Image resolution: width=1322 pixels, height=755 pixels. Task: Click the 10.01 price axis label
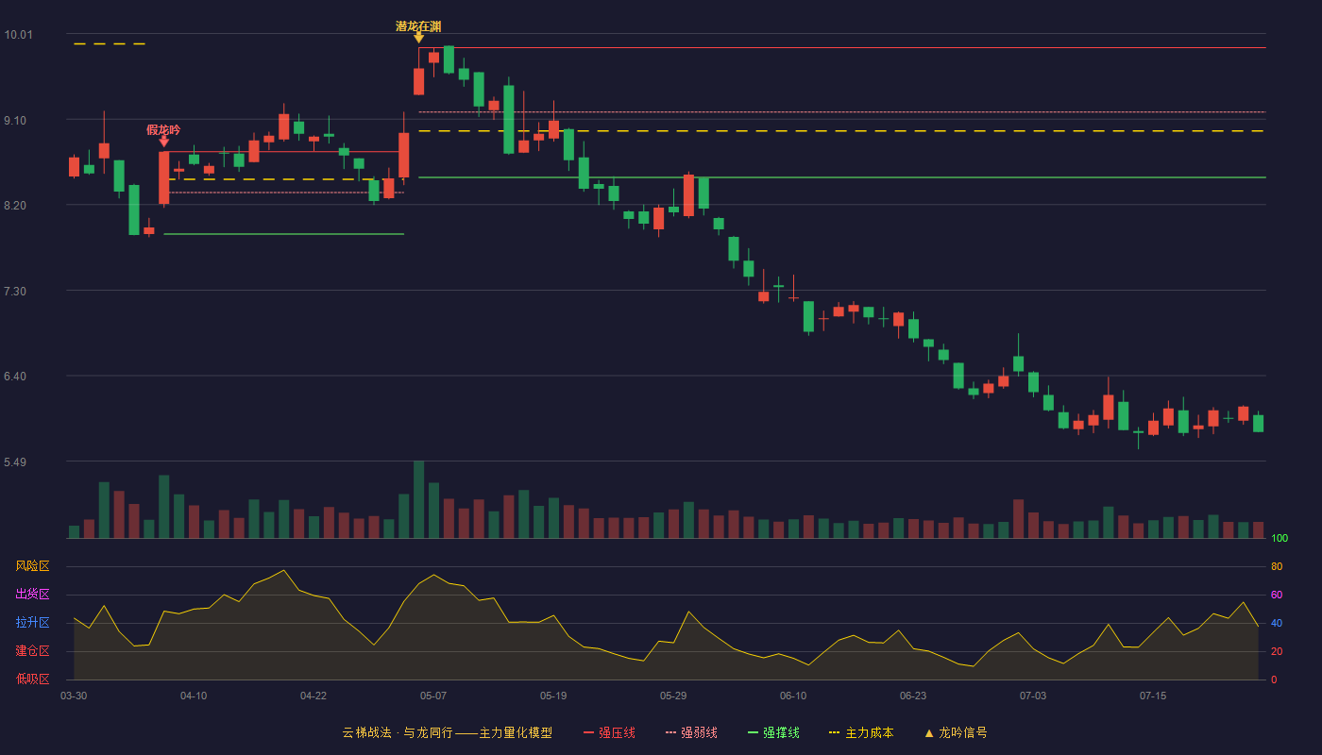tap(18, 35)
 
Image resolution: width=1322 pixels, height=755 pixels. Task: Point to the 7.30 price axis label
tap(15, 292)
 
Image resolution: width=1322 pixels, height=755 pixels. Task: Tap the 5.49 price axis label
tap(15, 461)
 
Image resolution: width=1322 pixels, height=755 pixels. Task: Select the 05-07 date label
tap(433, 696)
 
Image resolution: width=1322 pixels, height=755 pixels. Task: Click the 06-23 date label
tap(913, 696)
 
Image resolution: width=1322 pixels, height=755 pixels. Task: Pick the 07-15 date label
tap(1153, 696)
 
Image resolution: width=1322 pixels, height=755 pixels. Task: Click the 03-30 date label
tap(74, 696)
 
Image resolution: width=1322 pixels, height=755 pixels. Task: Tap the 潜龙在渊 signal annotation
tap(418, 26)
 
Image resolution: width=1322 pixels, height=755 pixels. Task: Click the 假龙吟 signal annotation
tap(163, 130)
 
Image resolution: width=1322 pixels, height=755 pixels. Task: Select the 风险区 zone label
tap(32, 566)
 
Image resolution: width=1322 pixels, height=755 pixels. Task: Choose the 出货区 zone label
tap(32, 594)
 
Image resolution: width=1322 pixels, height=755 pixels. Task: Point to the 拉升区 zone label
tap(32, 622)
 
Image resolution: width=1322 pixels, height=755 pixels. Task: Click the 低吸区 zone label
tap(32, 679)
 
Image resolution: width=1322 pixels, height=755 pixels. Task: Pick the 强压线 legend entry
tap(609, 732)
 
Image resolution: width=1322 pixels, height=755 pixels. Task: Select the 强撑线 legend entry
tap(773, 732)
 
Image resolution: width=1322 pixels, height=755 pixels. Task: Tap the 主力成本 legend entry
tap(861, 732)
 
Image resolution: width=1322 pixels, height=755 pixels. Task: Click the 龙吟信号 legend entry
tap(956, 732)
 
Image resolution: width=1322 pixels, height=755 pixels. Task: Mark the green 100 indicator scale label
tap(1280, 538)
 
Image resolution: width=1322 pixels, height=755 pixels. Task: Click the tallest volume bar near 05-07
tap(418, 499)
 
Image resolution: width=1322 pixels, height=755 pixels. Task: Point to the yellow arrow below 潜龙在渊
tap(418, 38)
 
